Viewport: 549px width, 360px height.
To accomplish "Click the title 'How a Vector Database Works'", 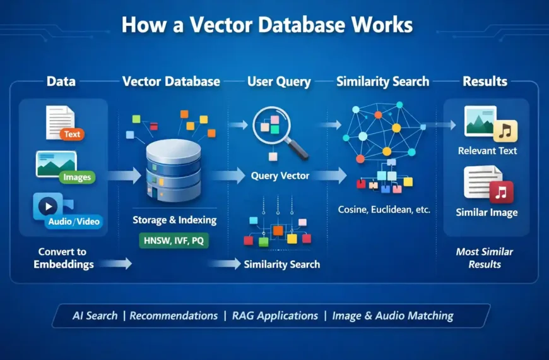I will click(x=267, y=25).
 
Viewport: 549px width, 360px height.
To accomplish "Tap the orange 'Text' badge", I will click(x=73, y=134).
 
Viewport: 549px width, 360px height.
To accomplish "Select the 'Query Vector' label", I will click(x=280, y=176).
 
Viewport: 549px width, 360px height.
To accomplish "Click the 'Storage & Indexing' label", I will click(x=175, y=220).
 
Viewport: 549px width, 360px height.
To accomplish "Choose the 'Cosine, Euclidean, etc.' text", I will click(x=384, y=209).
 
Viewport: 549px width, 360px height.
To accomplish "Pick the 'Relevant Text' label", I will click(x=488, y=150).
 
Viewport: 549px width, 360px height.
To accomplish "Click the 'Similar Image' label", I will click(x=487, y=213).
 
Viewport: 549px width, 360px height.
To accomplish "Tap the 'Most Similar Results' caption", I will click(x=485, y=258).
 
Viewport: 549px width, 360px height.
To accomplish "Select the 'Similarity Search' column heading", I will click(x=382, y=81).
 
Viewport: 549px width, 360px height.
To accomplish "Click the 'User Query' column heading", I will click(x=279, y=81).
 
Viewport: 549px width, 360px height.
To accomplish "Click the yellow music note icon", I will click(x=505, y=131).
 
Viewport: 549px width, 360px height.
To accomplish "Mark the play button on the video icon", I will click(x=49, y=207).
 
